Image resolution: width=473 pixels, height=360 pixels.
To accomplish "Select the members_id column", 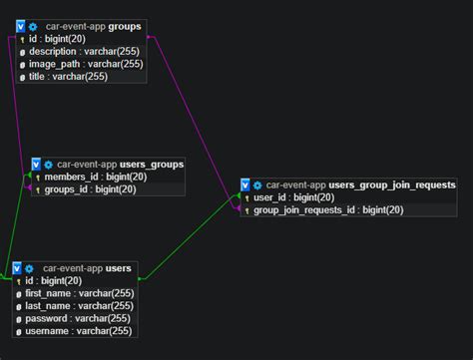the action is click(x=96, y=177).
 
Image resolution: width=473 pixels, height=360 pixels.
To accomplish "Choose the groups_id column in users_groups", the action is click(x=92, y=189).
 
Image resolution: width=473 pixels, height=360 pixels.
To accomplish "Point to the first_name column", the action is click(x=80, y=293).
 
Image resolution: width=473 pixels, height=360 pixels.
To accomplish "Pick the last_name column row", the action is click(x=79, y=306).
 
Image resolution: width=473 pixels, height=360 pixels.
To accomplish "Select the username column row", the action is click(x=79, y=331).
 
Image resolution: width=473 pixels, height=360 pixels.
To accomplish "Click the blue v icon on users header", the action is click(x=17, y=268).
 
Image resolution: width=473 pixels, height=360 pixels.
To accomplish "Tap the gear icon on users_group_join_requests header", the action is click(x=257, y=185).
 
